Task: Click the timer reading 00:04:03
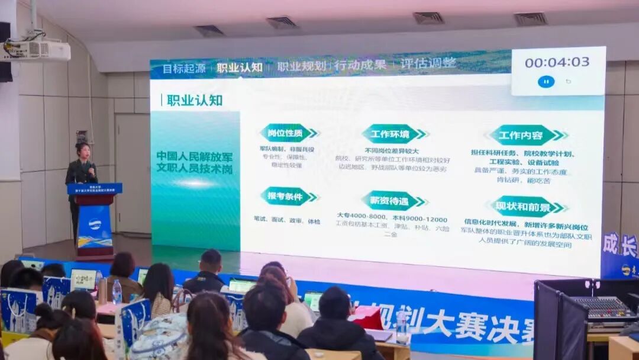[557, 62]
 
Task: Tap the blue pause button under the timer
[546, 82]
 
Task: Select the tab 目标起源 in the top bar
[184, 68]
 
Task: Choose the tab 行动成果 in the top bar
[360, 65]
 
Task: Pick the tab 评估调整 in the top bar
[428, 63]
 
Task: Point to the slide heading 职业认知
[194, 100]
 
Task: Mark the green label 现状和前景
[528, 207]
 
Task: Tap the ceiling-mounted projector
[35, 50]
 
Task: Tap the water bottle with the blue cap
[117, 292]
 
